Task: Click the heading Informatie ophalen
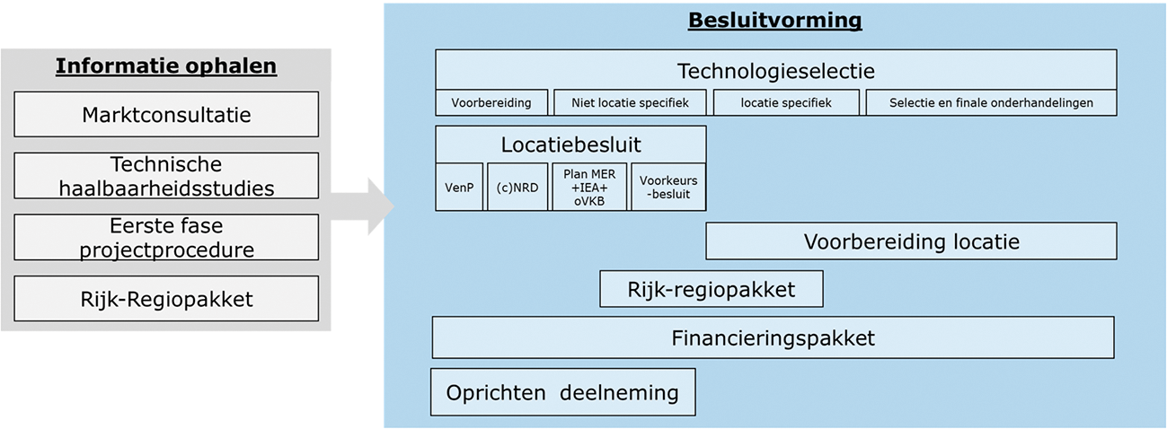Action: tap(166, 66)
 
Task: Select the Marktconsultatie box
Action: tap(166, 115)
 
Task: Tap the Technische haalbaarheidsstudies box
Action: tap(166, 176)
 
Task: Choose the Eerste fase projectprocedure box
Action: tap(166, 238)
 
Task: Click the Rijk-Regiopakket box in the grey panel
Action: tap(166, 299)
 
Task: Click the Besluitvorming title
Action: tap(774, 21)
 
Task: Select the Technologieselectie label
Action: tap(775, 70)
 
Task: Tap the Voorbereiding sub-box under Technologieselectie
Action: tap(491, 102)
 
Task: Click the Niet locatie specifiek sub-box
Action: tap(631, 102)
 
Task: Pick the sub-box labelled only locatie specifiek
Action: tap(786, 102)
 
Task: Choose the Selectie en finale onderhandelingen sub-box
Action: tap(991, 102)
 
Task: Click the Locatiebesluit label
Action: tap(570, 144)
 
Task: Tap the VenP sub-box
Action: tap(459, 187)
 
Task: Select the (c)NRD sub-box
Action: tap(517, 187)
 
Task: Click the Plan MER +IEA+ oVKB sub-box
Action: tap(589, 187)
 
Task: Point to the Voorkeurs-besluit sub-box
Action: tap(668, 187)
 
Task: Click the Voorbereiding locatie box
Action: tap(911, 241)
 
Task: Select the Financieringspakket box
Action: tap(773, 338)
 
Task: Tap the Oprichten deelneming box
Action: tap(562, 392)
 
